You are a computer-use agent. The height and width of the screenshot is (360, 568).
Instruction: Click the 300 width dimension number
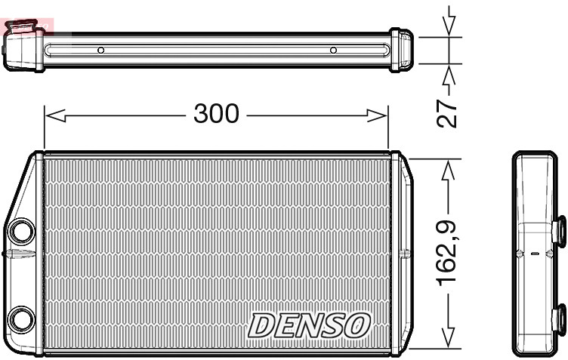(216, 114)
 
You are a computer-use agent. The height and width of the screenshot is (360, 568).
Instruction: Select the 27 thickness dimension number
(449, 110)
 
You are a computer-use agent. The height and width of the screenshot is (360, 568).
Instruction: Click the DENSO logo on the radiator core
(310, 325)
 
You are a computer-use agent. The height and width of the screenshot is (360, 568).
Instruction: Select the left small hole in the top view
(100, 51)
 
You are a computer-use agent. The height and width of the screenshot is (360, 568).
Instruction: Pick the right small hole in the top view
(333, 51)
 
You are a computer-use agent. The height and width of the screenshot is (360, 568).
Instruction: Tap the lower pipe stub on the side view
(560, 318)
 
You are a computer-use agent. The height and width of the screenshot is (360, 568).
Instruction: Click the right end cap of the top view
(401, 50)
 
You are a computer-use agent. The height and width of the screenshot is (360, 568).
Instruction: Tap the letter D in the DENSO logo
(262, 325)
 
